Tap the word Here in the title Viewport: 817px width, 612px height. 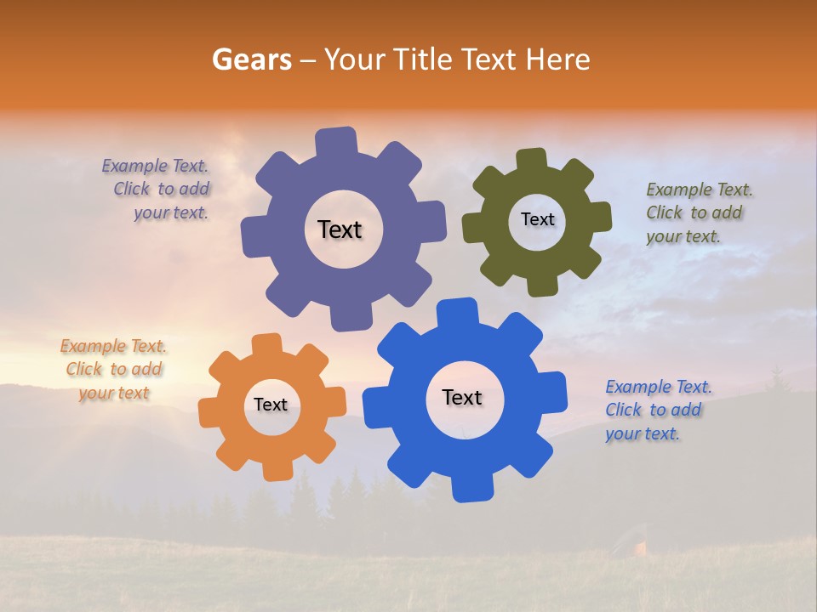557,59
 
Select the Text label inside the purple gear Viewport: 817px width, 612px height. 340,229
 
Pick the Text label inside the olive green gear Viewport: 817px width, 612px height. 537,219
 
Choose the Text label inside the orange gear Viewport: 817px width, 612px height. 271,405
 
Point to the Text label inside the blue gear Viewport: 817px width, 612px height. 462,397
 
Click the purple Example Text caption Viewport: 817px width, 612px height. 157,189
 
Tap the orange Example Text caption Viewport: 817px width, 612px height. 113,369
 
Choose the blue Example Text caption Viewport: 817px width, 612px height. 657,410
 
